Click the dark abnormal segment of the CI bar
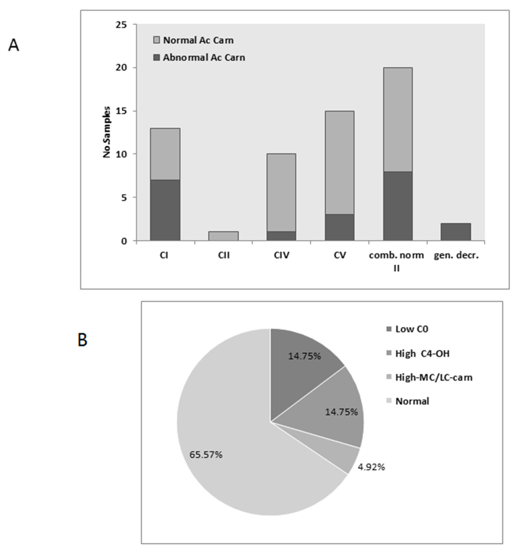165,210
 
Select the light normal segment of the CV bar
339,163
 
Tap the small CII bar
223,236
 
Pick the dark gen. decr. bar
456,232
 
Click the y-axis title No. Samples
107,132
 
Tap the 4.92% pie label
371,467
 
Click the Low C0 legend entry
407,329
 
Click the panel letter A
14,45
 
